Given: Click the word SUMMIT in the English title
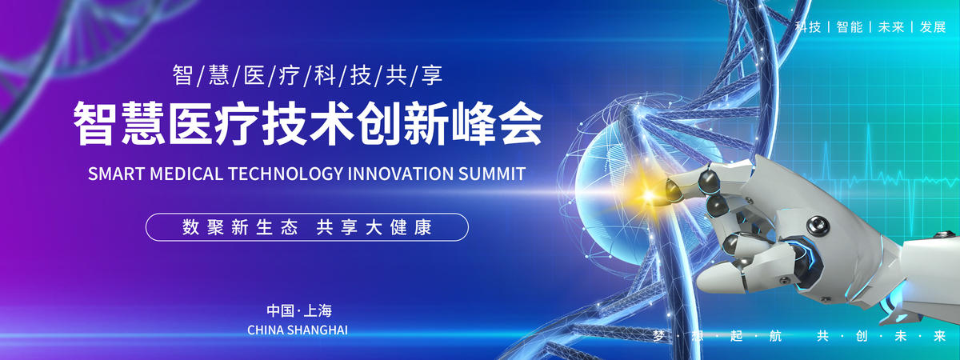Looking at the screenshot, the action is point(492,174).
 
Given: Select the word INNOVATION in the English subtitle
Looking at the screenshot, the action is point(400,174).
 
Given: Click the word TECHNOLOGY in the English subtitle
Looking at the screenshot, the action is point(286,174).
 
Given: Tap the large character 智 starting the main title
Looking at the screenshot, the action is point(95,122).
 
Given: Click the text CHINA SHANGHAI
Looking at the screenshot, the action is point(298,330).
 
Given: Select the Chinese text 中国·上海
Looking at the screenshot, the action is point(299,310).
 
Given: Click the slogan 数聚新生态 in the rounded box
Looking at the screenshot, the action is point(240,227).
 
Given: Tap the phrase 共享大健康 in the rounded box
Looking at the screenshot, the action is point(374,227).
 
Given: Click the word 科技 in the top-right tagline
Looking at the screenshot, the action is point(808,27).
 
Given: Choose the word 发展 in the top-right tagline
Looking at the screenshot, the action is point(933,27).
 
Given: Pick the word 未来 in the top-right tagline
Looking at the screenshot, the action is point(891,27).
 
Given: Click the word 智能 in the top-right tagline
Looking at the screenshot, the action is point(850,27).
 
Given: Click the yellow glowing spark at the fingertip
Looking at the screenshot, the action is point(649,196).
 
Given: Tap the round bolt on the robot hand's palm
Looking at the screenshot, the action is point(818,226).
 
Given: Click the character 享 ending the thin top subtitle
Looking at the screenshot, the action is point(431,75).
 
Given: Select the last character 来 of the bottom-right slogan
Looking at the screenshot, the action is point(939,336).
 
